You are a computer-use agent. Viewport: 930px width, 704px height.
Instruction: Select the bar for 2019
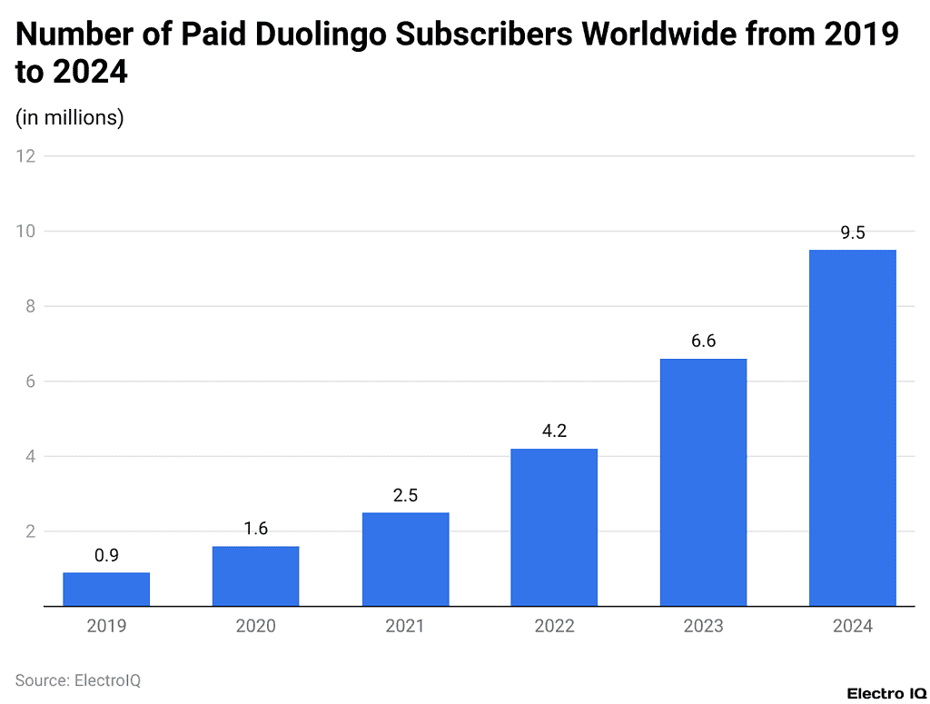click(106, 589)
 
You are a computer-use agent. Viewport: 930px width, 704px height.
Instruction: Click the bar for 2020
click(255, 576)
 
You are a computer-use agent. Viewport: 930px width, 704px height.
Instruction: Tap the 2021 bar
click(405, 559)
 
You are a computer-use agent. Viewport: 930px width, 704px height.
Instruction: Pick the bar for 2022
click(554, 527)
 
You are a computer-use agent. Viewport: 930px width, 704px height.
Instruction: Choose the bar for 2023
click(703, 482)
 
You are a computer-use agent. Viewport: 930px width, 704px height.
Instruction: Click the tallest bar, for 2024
click(852, 428)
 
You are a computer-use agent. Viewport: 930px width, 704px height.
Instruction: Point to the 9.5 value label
click(852, 233)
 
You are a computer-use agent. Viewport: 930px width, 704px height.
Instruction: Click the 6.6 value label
click(703, 342)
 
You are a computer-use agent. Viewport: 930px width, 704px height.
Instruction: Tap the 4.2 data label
click(554, 431)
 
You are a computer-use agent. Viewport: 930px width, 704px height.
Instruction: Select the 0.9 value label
click(106, 556)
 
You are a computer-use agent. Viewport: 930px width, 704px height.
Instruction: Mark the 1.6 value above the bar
click(255, 529)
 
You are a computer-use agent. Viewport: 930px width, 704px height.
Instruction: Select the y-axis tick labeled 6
click(30, 382)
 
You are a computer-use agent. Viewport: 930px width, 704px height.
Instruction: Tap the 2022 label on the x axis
click(554, 627)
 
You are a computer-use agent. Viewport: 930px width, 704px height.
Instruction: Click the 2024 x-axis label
click(852, 627)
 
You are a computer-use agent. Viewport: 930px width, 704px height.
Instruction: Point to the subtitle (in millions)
click(70, 117)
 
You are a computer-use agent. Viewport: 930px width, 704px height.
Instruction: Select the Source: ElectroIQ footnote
click(78, 679)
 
